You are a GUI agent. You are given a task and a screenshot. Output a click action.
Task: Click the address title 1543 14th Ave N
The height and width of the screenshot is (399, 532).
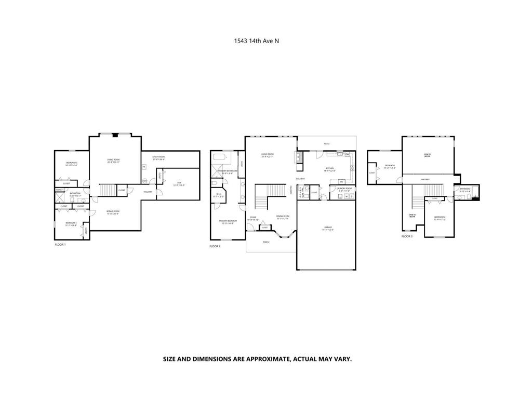pos(256,41)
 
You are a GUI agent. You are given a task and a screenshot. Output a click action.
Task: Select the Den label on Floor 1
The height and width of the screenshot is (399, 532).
pos(178,183)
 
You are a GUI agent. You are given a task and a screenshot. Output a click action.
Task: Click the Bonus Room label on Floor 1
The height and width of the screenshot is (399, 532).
pos(113,212)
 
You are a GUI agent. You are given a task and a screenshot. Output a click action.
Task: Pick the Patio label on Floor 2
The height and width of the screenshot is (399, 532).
pos(326,143)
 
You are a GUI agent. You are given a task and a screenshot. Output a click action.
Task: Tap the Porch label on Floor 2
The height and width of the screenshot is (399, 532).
pos(265,242)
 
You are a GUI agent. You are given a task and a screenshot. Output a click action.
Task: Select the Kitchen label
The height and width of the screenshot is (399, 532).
pos(330,169)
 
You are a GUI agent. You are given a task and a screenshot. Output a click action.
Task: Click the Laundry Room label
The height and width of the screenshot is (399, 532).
pos(344,189)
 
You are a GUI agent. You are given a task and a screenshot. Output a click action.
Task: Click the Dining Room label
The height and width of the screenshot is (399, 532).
pos(283,217)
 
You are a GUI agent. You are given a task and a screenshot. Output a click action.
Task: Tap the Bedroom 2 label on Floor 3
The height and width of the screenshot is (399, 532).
pos(440,218)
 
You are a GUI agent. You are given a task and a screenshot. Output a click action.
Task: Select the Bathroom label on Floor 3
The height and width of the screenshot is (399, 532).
pos(464,190)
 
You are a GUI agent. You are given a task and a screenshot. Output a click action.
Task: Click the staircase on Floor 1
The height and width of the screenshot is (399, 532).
pos(108,190)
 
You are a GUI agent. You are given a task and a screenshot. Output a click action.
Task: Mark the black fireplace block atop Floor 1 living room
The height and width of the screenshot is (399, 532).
pos(115,135)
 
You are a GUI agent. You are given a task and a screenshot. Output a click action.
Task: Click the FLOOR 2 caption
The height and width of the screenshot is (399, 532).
pos(215,246)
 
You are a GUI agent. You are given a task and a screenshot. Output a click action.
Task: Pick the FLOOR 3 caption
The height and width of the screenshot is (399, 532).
pos(407,236)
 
